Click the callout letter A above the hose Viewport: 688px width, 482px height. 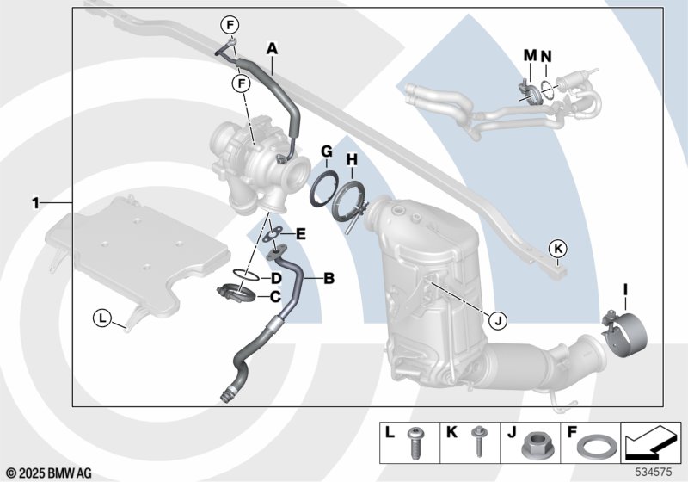pyautogui.click(x=273, y=48)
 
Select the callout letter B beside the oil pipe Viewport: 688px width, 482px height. pyautogui.click(x=329, y=278)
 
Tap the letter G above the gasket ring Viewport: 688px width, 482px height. pyautogui.click(x=327, y=151)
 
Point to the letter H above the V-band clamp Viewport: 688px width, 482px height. pyautogui.click(x=353, y=160)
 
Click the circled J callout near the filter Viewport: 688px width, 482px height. pyautogui.click(x=498, y=321)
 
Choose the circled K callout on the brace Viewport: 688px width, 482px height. pyautogui.click(x=558, y=249)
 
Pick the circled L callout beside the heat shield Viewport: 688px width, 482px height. pyautogui.click(x=102, y=318)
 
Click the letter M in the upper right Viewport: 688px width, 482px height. pyautogui.click(x=531, y=55)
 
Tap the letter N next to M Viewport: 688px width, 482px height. pyautogui.click(x=546, y=56)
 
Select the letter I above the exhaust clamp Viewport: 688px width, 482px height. pyautogui.click(x=625, y=290)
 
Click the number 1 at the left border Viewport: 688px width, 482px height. pyautogui.click(x=35, y=203)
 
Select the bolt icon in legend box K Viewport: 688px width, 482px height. pyautogui.click(x=478, y=442)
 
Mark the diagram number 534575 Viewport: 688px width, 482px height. pyautogui.click(x=654, y=473)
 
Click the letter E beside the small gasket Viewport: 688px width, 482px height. pyautogui.click(x=300, y=234)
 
